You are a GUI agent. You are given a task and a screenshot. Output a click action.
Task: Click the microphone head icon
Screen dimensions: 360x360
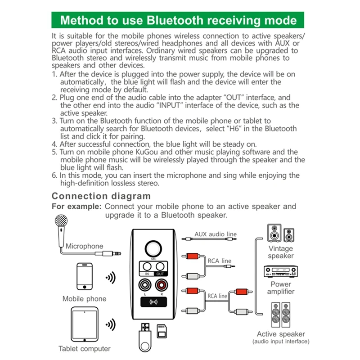point(60,222)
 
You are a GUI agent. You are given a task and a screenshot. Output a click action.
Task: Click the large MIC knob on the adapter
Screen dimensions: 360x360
point(154,249)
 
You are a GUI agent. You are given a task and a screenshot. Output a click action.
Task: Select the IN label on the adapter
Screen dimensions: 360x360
point(147,274)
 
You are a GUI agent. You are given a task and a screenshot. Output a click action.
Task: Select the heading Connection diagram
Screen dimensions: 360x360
point(101,196)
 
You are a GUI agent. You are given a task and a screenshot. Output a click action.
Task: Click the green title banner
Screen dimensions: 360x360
point(178,20)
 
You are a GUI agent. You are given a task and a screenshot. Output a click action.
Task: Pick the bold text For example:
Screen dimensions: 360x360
point(76,207)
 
